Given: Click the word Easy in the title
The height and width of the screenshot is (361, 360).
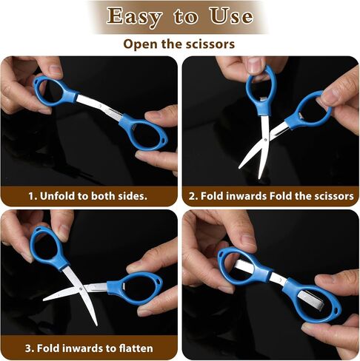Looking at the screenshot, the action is [134, 16].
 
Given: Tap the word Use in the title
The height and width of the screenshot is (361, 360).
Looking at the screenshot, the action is [231, 16].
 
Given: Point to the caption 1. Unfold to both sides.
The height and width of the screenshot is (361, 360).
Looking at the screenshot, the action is [87, 196].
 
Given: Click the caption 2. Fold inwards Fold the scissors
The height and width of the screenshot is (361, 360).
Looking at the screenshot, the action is [271, 196].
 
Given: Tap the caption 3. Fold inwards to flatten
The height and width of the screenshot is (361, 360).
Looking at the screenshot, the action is [89, 348].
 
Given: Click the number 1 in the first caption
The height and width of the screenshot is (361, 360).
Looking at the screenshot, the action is [31, 196].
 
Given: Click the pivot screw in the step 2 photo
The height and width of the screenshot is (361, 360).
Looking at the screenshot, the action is [265, 140].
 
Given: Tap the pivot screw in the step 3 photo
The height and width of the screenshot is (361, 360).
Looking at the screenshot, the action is [81, 289].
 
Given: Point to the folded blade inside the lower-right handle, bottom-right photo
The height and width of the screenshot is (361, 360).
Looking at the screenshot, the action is [310, 300].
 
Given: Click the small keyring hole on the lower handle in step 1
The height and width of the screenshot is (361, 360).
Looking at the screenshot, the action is [163, 140].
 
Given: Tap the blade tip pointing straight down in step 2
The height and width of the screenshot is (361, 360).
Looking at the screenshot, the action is [259, 178].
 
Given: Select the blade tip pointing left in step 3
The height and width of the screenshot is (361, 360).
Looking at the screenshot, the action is [44, 300].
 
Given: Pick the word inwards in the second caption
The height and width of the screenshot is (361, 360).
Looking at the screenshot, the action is [246, 196].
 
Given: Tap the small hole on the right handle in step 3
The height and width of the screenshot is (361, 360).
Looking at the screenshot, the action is [158, 280].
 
